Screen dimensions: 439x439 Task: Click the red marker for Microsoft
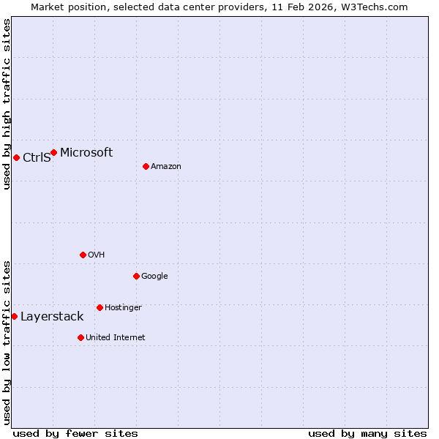(53, 152)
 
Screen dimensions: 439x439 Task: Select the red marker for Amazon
(146, 166)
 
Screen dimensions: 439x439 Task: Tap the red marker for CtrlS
(16, 157)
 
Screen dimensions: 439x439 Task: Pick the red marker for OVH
(83, 255)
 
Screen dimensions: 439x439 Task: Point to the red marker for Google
(136, 276)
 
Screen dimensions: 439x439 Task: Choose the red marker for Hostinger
(100, 307)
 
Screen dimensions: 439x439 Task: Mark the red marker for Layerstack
(14, 316)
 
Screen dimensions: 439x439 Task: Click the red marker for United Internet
(80, 337)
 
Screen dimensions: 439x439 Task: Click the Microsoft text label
(86, 152)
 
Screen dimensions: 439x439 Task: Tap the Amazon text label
(166, 167)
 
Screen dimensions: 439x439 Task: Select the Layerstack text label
(52, 317)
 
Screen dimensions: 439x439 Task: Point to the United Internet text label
(116, 338)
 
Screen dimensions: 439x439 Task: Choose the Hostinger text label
(123, 308)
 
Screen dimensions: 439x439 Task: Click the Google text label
(154, 277)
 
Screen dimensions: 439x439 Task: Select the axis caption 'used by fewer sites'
(75, 433)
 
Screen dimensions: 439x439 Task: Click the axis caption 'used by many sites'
(367, 433)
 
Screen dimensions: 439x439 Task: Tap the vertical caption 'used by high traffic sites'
(7, 104)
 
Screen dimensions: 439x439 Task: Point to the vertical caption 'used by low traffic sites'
(7, 342)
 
